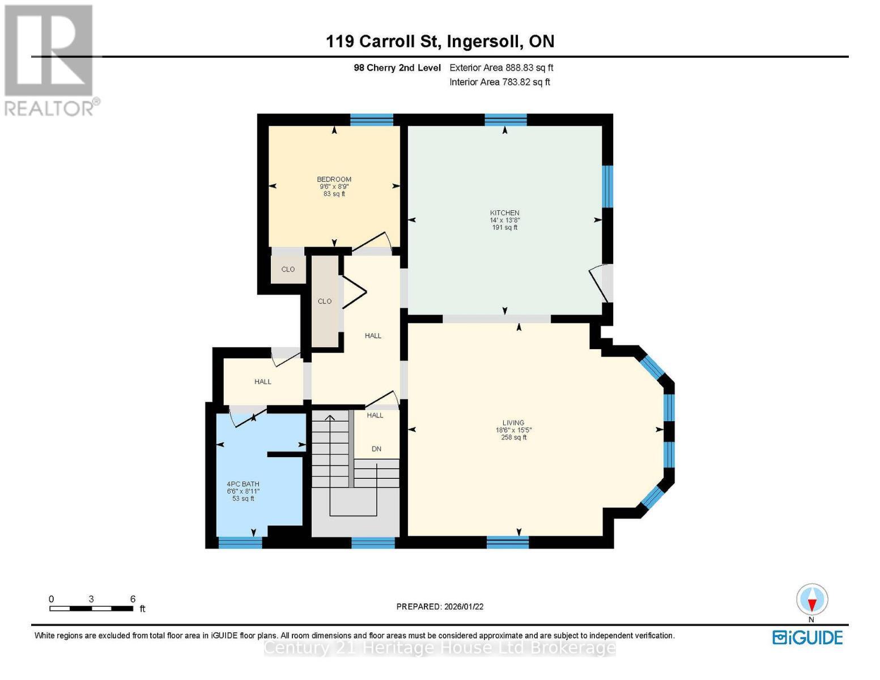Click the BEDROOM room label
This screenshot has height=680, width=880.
tap(334, 180)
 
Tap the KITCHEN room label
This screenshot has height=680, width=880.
tap(504, 213)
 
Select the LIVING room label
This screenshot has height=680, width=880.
tap(513, 423)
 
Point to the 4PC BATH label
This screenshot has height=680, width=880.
tap(243, 484)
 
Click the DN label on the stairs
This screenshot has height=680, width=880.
tap(376, 449)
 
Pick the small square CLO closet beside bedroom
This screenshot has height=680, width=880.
tap(288, 269)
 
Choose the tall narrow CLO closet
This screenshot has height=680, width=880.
tap(325, 301)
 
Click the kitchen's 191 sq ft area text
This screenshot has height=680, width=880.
tap(504, 228)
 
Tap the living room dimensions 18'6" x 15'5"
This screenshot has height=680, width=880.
tap(513, 430)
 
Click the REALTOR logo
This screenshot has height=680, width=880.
tap(49, 59)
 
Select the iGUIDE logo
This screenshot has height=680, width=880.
tap(807, 637)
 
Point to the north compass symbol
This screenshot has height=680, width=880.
tap(812, 600)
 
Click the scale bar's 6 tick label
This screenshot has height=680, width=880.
tap(133, 599)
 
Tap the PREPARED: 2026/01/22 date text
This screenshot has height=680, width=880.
tap(440, 606)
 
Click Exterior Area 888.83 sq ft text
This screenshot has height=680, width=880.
tap(501, 67)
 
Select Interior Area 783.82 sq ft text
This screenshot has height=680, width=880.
tap(500, 82)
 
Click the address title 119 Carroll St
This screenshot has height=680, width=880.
tap(384, 41)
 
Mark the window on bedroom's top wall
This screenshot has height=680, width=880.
tap(371, 120)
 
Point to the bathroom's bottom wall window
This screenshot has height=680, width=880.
tap(240, 543)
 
